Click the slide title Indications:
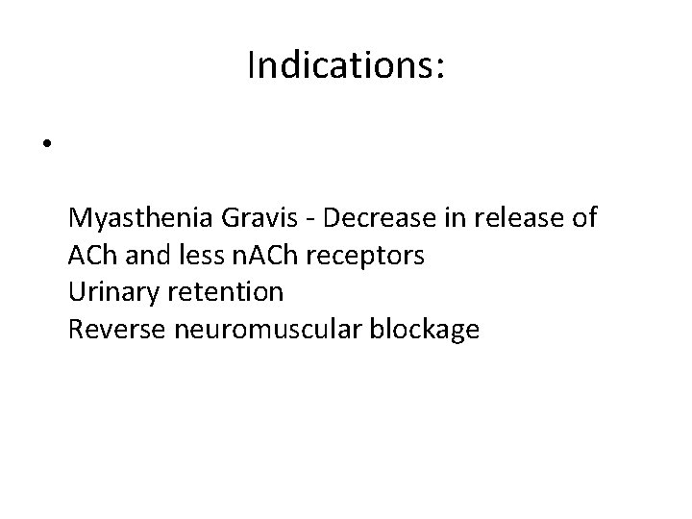(x=345, y=65)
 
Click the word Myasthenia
(x=141, y=219)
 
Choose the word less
(x=185, y=256)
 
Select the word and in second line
(x=139, y=256)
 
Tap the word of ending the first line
(x=583, y=219)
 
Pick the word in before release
(x=451, y=219)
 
